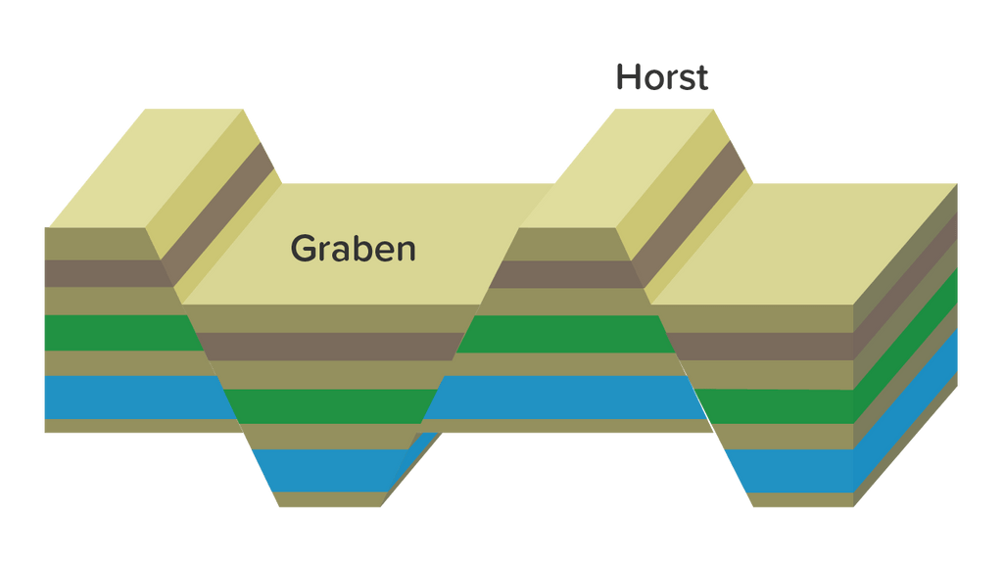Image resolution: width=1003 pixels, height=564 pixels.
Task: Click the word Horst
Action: coord(662,77)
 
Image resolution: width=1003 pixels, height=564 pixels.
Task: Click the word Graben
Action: coord(353,248)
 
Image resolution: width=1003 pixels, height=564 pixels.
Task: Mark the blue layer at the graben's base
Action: coord(327,471)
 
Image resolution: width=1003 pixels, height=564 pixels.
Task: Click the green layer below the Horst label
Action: coord(565,333)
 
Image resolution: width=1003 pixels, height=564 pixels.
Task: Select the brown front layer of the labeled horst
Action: coord(565,274)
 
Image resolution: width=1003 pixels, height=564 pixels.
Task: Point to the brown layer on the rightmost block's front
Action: coord(760,347)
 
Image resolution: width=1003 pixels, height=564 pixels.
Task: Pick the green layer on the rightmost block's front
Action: coord(774,406)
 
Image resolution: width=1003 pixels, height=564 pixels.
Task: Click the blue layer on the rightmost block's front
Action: coord(789,471)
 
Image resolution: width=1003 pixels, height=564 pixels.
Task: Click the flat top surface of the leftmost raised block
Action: coord(146,168)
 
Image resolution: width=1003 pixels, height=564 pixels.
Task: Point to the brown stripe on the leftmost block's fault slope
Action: coord(217,213)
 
